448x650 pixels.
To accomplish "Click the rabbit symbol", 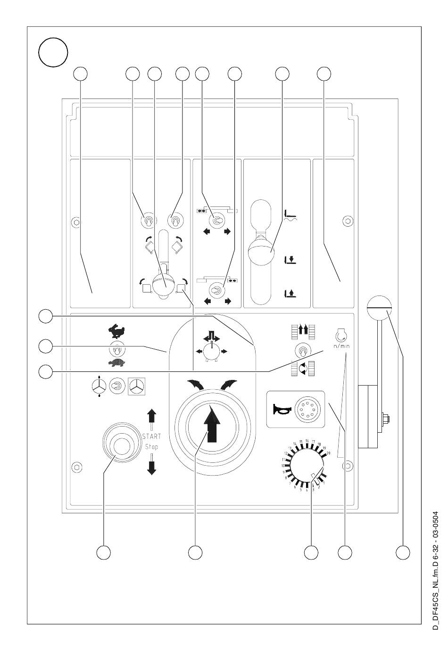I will [116, 332].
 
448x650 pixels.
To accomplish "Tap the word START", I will [151, 436].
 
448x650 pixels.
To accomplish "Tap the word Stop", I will [151, 446].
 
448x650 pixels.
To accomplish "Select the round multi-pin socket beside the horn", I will [305, 408].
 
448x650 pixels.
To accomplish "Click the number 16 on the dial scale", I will [307, 441].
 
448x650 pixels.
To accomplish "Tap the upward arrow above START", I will [151, 417].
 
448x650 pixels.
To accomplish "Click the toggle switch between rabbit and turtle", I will [116, 348].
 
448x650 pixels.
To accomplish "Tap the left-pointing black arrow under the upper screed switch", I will [206, 231].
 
